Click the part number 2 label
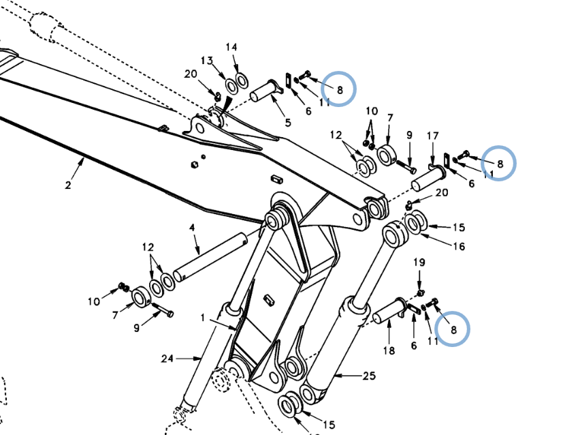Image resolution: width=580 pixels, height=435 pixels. pos(68,185)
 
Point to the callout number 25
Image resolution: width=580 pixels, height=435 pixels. pos(369,376)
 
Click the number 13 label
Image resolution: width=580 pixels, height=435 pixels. pos(207,60)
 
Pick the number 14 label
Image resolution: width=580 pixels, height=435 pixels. pos(231,47)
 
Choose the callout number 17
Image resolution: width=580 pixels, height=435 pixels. pos(432,136)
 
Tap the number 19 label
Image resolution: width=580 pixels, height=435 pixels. pos(419,262)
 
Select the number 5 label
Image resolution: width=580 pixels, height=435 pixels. pos(287,123)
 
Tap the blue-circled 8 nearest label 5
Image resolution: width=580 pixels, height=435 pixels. pos(338,88)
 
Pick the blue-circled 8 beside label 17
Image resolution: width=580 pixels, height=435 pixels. pos(499,164)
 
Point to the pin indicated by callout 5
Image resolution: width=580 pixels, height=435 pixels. pos(265,91)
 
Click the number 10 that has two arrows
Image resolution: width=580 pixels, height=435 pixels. pos(371,111)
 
